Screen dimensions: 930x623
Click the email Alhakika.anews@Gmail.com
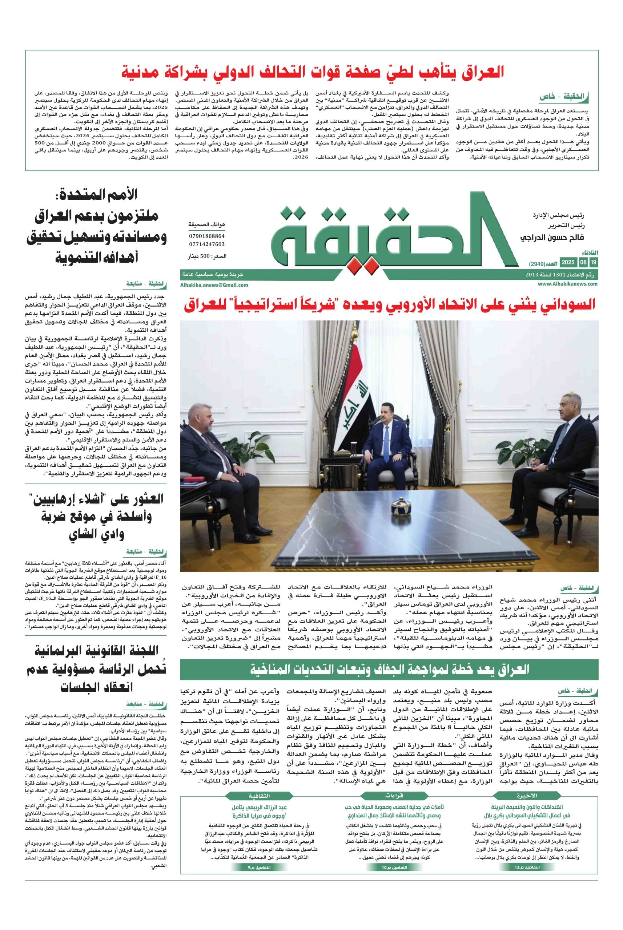(x=214, y=285)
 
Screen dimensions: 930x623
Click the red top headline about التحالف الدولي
(x=312, y=73)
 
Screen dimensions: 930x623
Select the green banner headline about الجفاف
(x=389, y=670)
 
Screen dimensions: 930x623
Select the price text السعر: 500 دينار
(x=206, y=256)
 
